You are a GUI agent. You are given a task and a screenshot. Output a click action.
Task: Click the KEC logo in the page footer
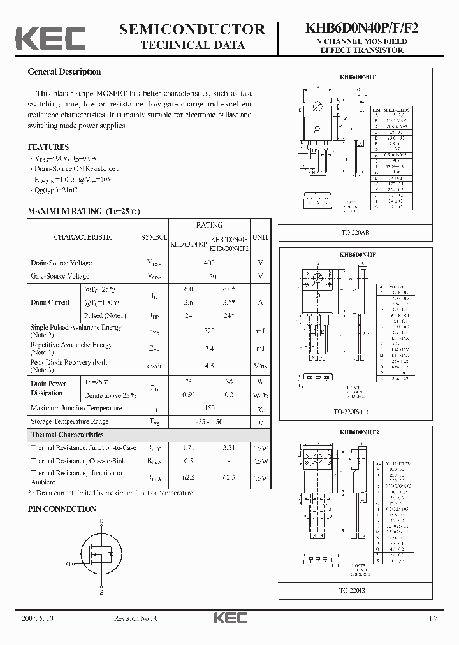point(230,618)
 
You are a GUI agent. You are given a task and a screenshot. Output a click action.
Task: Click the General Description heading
point(64,72)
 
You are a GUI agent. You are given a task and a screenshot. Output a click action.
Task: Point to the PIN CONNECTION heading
point(62,509)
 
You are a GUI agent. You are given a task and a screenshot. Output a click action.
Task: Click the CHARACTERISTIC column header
point(84,237)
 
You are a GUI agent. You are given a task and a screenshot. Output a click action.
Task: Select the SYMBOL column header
point(153,237)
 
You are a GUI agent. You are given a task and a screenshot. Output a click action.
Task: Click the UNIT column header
point(260,237)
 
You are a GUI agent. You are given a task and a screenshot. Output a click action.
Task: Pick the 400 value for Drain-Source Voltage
point(208,263)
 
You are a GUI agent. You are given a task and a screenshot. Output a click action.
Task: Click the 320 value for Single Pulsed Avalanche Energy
point(208,331)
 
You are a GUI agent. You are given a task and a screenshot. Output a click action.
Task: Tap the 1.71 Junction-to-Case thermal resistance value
point(188,447)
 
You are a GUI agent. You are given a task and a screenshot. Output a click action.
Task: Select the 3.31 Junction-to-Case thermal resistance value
point(229,447)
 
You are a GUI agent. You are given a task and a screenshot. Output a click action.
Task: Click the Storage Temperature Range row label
point(69,421)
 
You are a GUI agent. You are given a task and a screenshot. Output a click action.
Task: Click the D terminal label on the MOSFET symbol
point(101,521)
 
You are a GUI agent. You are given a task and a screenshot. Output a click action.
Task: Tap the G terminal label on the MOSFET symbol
point(68,563)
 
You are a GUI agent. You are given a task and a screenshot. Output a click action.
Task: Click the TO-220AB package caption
point(354,233)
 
